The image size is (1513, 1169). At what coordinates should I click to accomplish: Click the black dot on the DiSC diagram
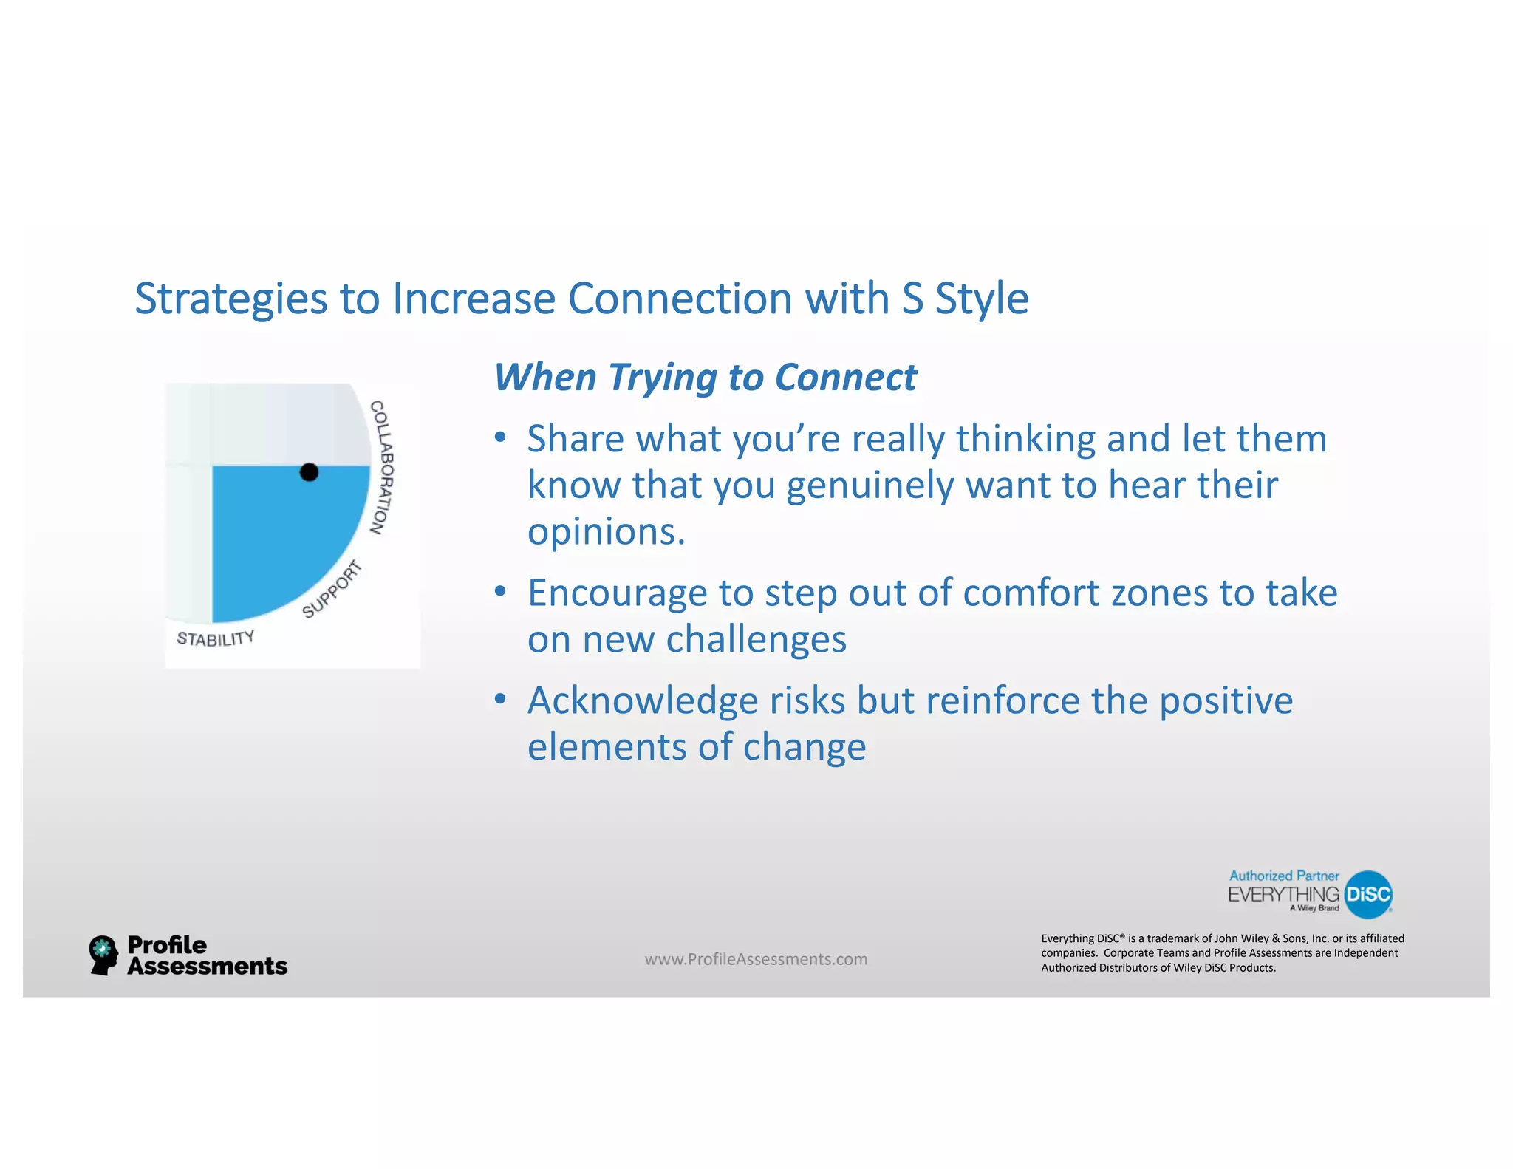(309, 472)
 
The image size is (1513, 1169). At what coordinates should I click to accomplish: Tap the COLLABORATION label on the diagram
(382, 467)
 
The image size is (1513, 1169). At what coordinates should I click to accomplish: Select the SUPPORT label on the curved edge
(332, 589)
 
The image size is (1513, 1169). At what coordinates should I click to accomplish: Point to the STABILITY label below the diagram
(215, 638)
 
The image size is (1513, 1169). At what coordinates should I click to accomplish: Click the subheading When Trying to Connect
(705, 378)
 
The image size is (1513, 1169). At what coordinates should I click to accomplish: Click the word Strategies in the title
(230, 299)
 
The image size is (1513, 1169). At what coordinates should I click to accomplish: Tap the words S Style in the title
(965, 299)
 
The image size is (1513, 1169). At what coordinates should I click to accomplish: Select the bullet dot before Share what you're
(500, 437)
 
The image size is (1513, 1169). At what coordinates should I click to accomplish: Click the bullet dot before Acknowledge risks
(500, 699)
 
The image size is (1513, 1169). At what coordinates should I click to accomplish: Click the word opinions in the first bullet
(606, 532)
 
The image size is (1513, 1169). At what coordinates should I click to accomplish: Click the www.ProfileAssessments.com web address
(756, 959)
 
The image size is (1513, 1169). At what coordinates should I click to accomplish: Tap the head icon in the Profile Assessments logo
(103, 955)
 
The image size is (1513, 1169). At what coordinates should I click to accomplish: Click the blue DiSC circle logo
(1368, 894)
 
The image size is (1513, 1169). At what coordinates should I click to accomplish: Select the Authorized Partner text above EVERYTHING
(1283, 876)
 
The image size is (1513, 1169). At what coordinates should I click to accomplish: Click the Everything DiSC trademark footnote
(1222, 953)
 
